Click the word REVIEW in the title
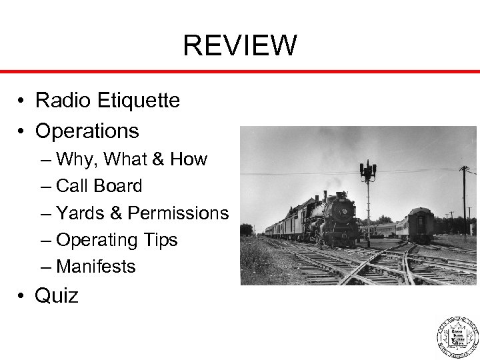tap(240, 46)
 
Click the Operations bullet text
tap(87, 131)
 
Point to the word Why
tap(75, 160)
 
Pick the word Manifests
tap(97, 267)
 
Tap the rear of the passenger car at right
tap(421, 225)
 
